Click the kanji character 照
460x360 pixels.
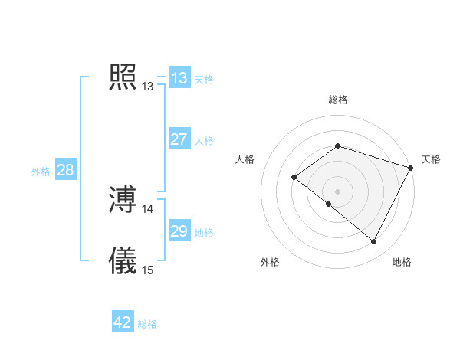(x=123, y=77)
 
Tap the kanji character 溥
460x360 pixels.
(x=123, y=200)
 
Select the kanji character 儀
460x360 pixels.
(x=123, y=260)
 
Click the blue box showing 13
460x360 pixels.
(x=179, y=78)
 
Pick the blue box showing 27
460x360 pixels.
(x=179, y=139)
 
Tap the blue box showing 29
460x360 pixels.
(x=179, y=231)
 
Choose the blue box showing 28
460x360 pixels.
(x=65, y=170)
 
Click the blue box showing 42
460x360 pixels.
(x=123, y=322)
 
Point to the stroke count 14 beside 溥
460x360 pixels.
(x=148, y=208)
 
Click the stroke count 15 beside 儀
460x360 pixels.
(x=148, y=270)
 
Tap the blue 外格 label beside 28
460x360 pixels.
(x=41, y=172)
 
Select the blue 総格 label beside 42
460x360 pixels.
(x=147, y=324)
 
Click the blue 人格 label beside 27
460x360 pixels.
(x=204, y=141)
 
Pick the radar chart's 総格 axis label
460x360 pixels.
(x=338, y=100)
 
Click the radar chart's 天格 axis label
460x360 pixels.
(x=432, y=159)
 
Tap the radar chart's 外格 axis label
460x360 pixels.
(x=270, y=262)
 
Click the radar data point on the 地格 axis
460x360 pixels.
(x=374, y=242)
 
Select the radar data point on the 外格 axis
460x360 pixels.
(x=329, y=204)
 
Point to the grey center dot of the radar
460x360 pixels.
(x=338, y=191)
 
